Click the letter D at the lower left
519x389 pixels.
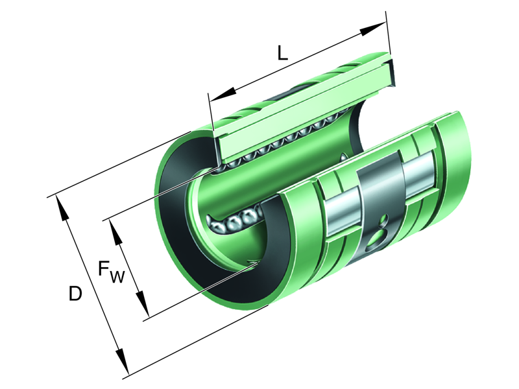tap(75, 294)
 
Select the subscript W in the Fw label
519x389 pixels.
tap(117, 277)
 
